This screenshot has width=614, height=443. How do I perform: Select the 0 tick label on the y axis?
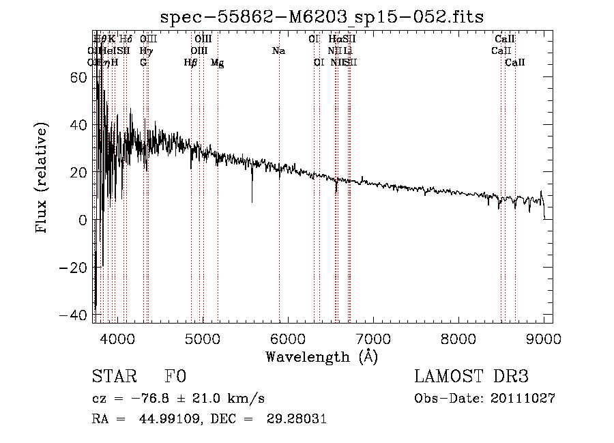tap(81, 220)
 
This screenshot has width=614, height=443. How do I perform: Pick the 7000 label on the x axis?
tap(373, 338)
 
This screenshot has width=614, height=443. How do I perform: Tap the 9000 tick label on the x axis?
tap(544, 338)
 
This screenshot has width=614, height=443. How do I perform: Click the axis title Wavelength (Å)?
tap(321, 356)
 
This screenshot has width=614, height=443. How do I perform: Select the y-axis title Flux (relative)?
tap(42, 179)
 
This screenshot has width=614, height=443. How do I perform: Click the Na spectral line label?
tap(278, 51)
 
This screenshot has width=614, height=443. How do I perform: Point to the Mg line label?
tap(217, 63)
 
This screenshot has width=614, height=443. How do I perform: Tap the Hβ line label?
tap(190, 63)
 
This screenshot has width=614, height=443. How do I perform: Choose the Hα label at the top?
tap(335, 39)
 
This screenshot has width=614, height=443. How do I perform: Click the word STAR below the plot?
tap(113, 377)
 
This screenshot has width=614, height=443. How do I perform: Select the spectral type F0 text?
tap(175, 377)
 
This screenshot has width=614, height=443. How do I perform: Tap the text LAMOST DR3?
tap(471, 377)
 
